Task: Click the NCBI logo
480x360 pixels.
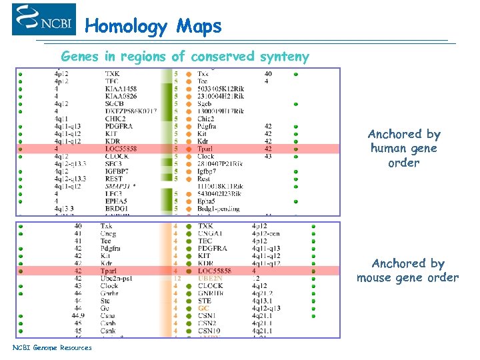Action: (43, 20)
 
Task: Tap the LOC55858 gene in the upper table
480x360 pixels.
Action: (121, 149)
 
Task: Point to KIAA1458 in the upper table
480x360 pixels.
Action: (121, 89)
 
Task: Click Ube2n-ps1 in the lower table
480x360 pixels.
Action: (117, 279)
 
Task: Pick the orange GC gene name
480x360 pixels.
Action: (203, 309)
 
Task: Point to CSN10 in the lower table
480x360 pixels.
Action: (209, 331)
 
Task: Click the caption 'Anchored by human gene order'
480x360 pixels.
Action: (404, 148)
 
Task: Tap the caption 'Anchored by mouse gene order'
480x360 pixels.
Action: (407, 271)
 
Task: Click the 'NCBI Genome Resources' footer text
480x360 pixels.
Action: (52, 347)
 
